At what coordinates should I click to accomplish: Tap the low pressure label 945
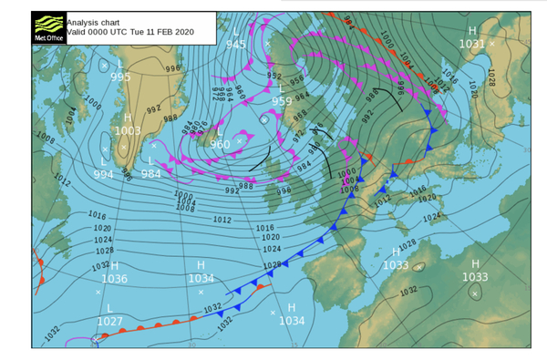(235, 44)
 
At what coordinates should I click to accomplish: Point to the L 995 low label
(120, 71)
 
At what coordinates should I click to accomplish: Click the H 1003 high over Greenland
(128, 125)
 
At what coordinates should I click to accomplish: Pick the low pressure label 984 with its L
(150, 167)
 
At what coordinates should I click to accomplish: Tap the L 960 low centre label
(220, 138)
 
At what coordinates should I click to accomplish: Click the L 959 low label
(282, 95)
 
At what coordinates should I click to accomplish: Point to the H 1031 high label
(471, 37)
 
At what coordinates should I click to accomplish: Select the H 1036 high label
(114, 273)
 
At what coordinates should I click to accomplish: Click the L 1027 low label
(109, 314)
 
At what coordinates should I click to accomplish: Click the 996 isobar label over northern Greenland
(172, 68)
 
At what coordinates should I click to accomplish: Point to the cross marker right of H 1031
(492, 43)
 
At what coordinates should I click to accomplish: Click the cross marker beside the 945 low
(266, 43)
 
